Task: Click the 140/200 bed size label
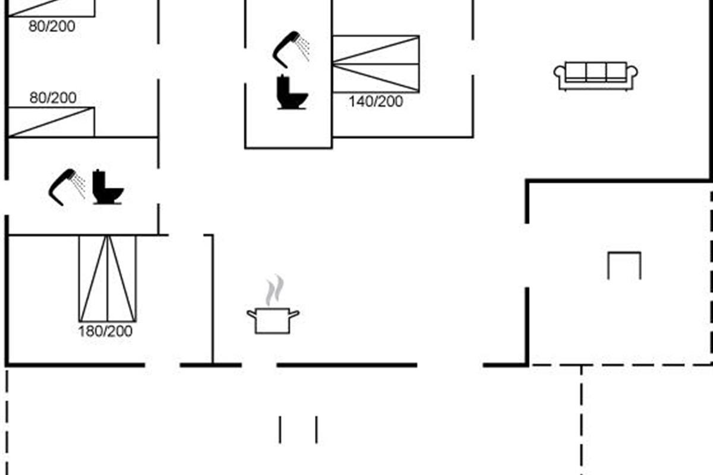coord(376,102)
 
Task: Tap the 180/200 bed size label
coord(105,331)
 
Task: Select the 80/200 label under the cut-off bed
coord(52,26)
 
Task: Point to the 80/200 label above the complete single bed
coord(53,98)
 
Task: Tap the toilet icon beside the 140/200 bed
coord(291,93)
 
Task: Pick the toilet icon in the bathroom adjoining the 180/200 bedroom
coord(107,188)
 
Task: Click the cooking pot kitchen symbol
coord(273,320)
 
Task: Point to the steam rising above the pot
coord(274,290)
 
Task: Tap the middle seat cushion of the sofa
coord(596,72)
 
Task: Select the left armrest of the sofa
coord(560,74)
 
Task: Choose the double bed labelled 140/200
coord(376,64)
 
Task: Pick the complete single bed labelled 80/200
coord(52,122)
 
